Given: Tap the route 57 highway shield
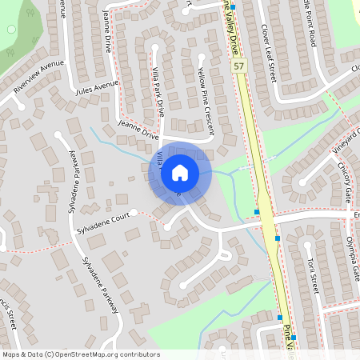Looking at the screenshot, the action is [x=238, y=66].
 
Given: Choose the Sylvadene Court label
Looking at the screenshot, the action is [x=102, y=222].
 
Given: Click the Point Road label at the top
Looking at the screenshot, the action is [x=307, y=21].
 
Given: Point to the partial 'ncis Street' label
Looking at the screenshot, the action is [x=10, y=325].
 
